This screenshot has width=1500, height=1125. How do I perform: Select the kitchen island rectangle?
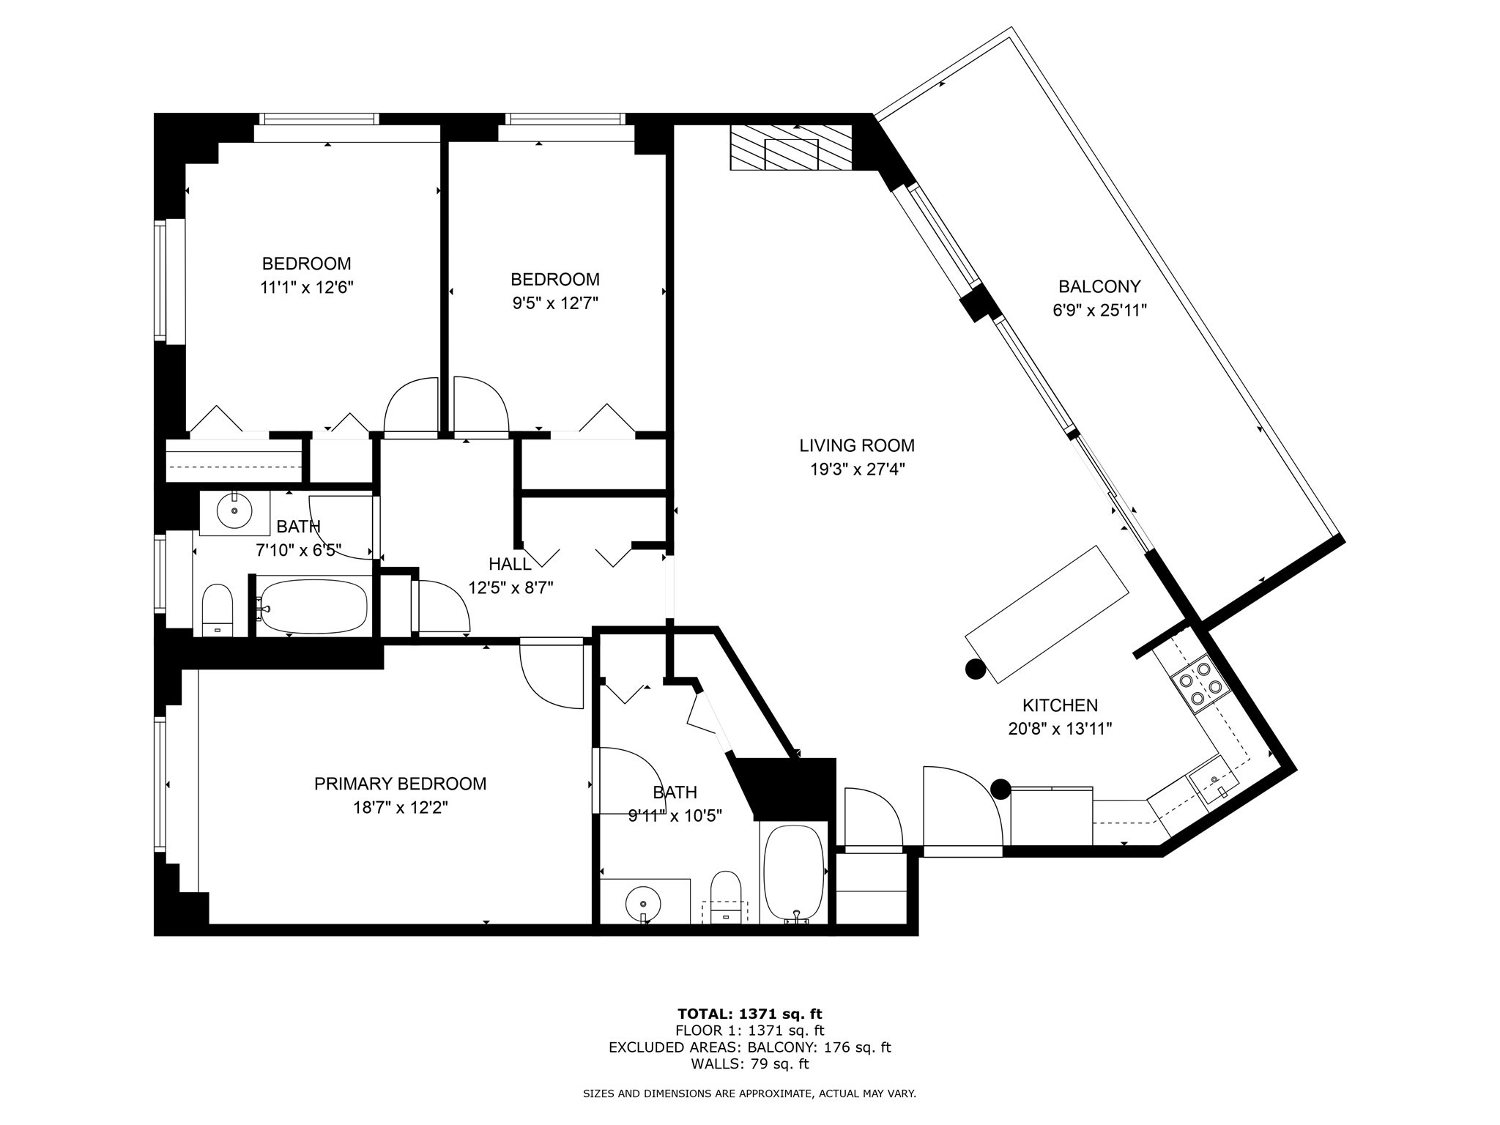1048,614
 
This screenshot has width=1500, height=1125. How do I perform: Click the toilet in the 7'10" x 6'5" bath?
217,609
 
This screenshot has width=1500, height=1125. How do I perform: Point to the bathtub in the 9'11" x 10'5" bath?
794,872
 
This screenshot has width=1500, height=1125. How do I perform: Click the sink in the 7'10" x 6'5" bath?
235,510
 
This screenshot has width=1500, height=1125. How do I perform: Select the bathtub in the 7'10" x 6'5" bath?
312,606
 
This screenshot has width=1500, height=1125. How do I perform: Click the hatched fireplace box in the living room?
792,147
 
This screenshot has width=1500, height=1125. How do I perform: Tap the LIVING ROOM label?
857,445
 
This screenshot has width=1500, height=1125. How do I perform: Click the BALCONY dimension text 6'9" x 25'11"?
1099,310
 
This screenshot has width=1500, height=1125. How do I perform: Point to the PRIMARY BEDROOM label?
400,784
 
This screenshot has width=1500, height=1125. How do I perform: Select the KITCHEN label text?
1060,705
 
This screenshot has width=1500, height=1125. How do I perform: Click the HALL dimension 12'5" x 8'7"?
510,587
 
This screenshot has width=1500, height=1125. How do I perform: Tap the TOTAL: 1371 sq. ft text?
750,1014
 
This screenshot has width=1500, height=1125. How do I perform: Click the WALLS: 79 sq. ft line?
750,1064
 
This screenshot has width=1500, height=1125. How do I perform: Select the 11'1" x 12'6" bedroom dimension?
307,287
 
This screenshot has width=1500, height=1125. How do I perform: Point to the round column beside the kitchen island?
975,669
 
